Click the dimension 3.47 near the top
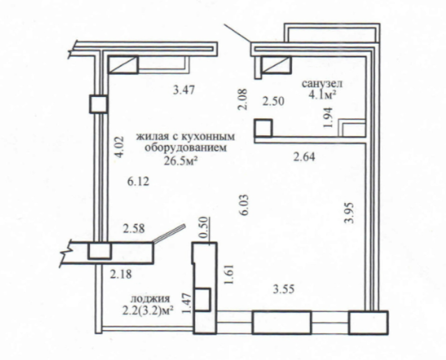(x=184, y=90)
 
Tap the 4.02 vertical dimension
(x=119, y=147)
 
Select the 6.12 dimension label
(x=138, y=181)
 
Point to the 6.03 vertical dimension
(x=245, y=205)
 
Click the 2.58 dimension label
(x=134, y=228)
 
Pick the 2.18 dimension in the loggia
(x=121, y=274)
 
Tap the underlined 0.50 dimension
(x=204, y=229)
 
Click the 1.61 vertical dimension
(x=229, y=274)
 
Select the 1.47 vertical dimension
(x=186, y=304)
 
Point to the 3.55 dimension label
(x=283, y=289)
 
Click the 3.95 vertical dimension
(x=349, y=213)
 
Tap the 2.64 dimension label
(x=305, y=157)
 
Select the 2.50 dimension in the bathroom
(x=273, y=101)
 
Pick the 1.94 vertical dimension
(x=328, y=117)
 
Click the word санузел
(x=322, y=84)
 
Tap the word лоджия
(x=150, y=299)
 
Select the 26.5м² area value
(x=180, y=161)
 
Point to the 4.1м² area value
(x=321, y=95)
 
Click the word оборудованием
(x=186, y=148)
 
